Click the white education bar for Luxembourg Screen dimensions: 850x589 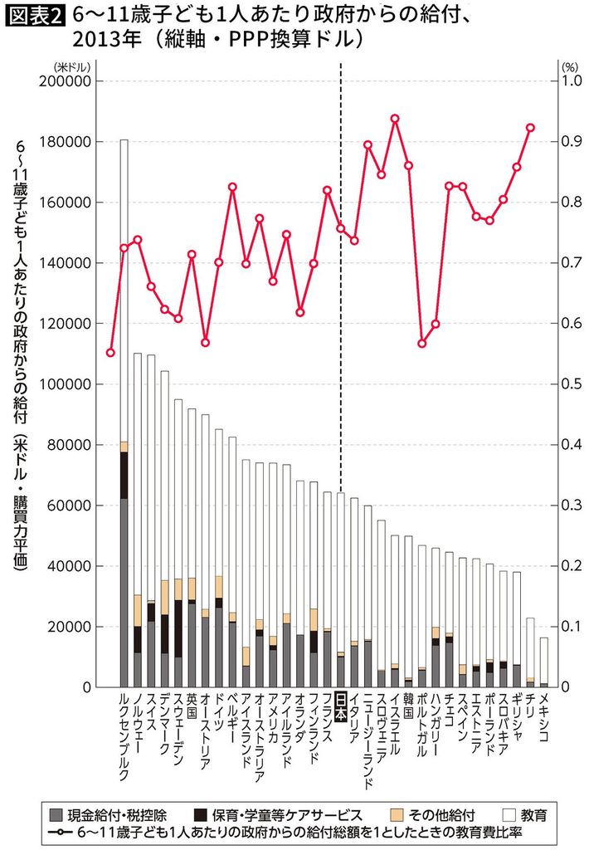[x=124, y=291]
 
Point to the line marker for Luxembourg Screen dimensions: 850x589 [x=110, y=353]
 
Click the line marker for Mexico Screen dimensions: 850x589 [x=530, y=128]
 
